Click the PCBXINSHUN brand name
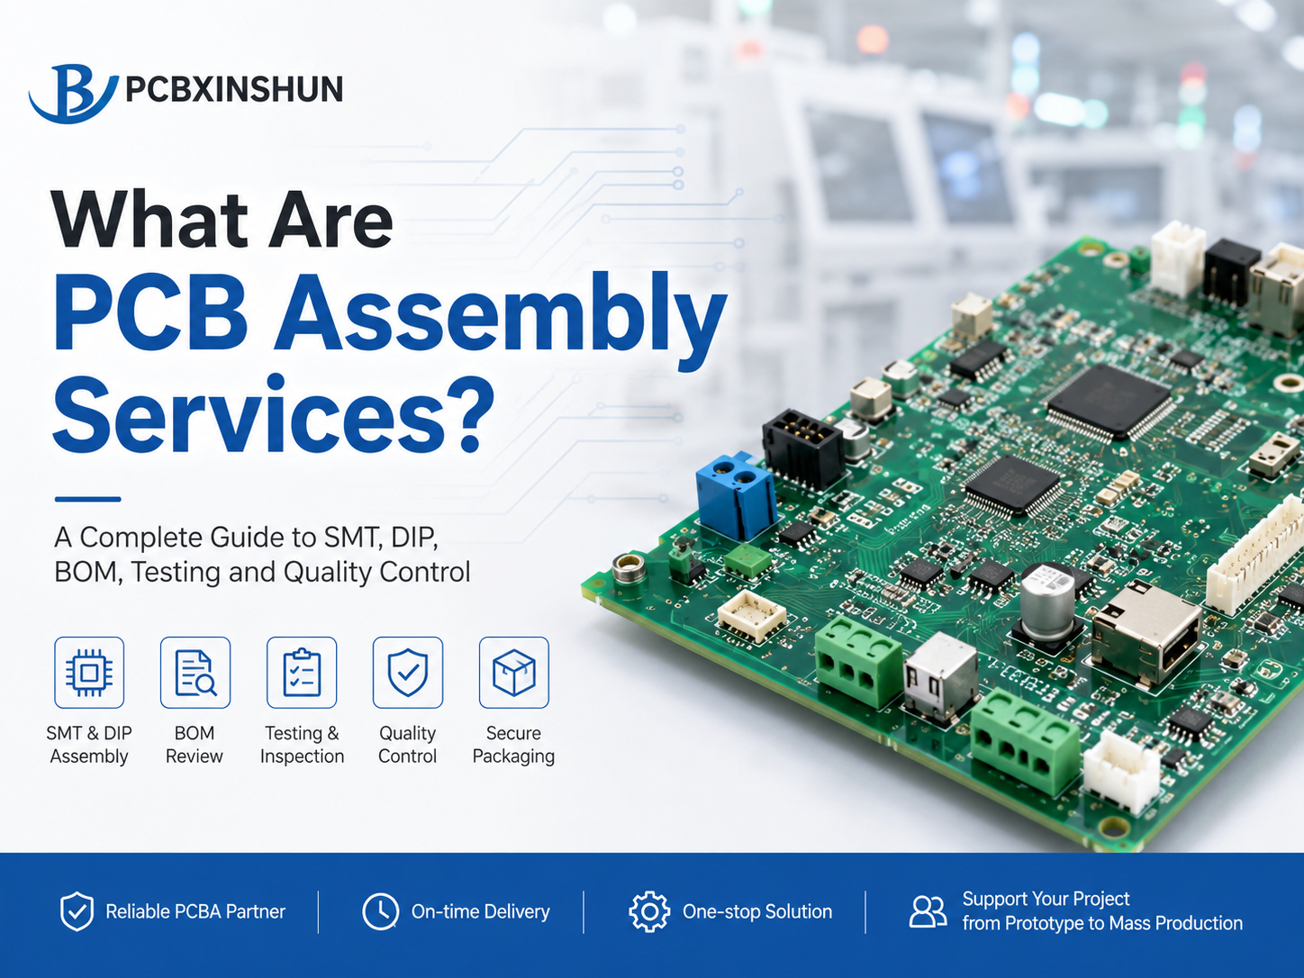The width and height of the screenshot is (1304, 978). coord(234,90)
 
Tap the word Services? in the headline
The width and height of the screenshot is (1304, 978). coord(274,414)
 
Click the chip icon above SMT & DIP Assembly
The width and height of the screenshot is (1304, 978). coord(89,673)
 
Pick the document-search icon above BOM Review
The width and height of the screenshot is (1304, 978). coord(195,673)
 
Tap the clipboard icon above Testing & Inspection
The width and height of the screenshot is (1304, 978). coord(302,673)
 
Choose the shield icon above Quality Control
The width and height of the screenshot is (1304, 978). coord(408,673)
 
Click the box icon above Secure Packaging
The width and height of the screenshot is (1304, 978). coord(514,673)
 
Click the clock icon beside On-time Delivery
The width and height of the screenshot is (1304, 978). coord(380,910)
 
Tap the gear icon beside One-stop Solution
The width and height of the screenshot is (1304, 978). coord(649,911)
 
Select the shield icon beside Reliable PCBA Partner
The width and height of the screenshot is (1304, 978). coord(77,910)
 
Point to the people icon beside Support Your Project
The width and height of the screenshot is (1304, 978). coord(928,911)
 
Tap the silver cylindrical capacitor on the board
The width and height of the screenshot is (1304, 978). coord(1047,601)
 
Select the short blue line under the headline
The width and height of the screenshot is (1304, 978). coord(88,500)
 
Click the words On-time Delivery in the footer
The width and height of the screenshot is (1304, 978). coord(481,911)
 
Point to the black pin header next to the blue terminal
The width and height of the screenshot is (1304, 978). coord(802,448)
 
